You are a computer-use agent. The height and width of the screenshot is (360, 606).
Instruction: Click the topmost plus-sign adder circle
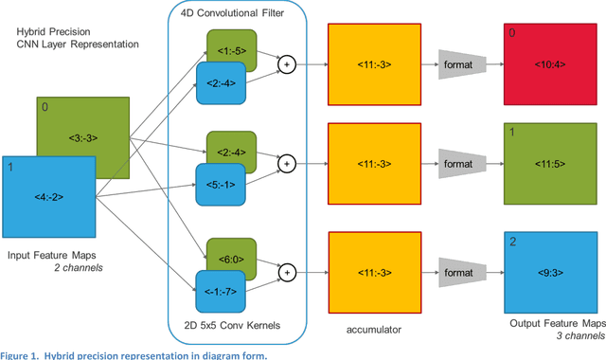pyautogui.click(x=285, y=64)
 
